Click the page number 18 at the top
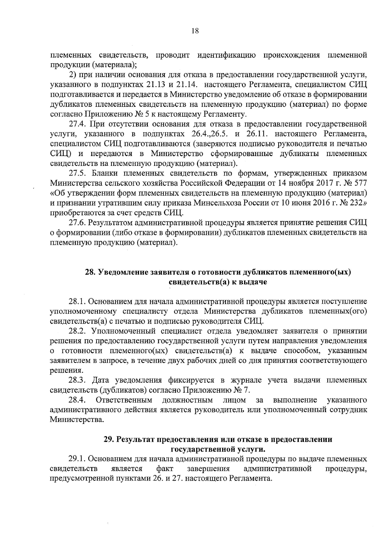pos(195,31)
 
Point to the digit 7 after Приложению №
pos(246,390)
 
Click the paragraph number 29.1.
pos(77,459)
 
